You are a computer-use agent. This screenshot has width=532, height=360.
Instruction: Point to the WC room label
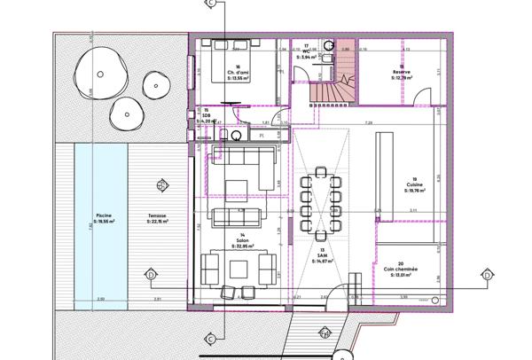pyautogui.click(x=307, y=51)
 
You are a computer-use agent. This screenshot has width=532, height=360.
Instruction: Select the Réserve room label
pyautogui.click(x=402, y=74)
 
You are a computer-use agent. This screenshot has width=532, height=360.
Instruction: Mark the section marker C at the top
pyautogui.click(x=209, y=4)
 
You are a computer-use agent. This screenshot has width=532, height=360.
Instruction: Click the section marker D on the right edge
pyautogui.click(x=486, y=275)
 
